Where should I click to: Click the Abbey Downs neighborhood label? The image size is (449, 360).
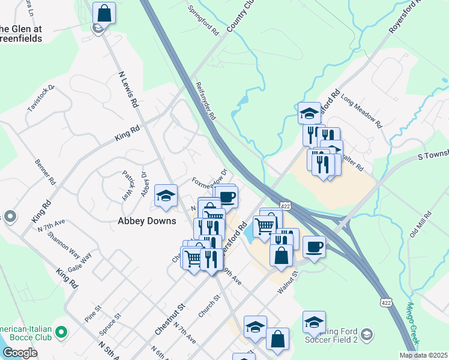(146, 221)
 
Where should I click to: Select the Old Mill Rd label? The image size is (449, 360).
(420, 224)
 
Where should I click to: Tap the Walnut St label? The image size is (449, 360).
(288, 282)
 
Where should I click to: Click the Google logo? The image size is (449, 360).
(20, 353)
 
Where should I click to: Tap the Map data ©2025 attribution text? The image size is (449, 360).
(423, 355)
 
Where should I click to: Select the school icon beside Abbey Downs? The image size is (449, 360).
(166, 196)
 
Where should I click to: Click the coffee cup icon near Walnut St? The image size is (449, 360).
(314, 246)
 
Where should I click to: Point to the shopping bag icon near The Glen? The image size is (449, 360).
(104, 12)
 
